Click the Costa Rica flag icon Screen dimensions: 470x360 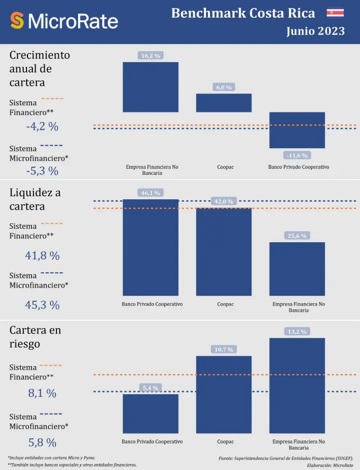[x=335, y=12]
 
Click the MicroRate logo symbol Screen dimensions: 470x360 [x=17, y=20]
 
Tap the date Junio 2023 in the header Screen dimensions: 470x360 [x=315, y=31]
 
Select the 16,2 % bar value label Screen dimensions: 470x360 [x=150, y=56]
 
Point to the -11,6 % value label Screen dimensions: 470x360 [x=297, y=155]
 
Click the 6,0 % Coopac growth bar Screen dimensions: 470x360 [x=223, y=103]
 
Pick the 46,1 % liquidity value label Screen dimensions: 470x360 [x=150, y=193]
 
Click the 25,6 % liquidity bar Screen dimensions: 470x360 [x=297, y=269]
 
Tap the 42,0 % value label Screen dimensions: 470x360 [x=223, y=201]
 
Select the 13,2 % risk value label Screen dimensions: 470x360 [x=297, y=332]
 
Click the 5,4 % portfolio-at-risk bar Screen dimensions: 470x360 [x=150, y=414]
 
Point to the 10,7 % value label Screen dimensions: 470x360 [x=223, y=350]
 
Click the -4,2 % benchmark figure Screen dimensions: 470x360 [x=42, y=127]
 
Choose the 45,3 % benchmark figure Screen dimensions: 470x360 [x=42, y=305]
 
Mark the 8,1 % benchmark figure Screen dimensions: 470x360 [x=42, y=394]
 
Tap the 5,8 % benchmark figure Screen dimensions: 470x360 [x=42, y=443]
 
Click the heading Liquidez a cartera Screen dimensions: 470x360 [x=35, y=199]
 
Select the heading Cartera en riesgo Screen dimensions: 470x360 [x=35, y=337]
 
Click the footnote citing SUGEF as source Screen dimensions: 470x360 [x=286, y=458]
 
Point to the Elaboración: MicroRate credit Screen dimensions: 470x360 [x=330, y=465]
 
